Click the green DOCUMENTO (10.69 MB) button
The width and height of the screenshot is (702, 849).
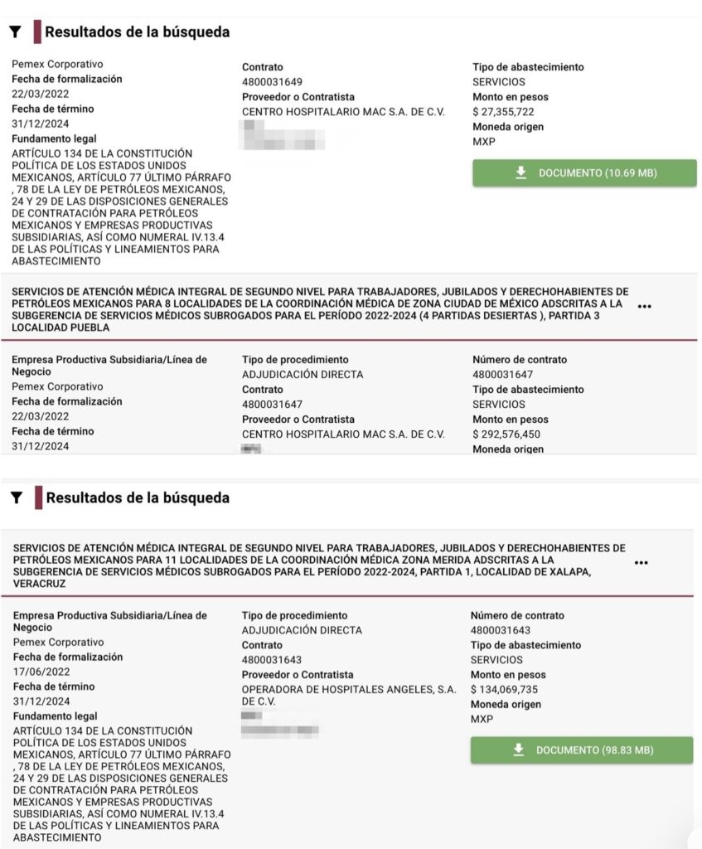(584, 173)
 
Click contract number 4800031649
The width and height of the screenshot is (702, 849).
(272, 82)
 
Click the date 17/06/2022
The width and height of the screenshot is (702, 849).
(41, 672)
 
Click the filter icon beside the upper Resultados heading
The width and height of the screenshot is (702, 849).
(15, 32)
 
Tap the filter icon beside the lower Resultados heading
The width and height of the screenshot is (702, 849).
(15, 498)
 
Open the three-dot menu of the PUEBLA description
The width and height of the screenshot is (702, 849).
(645, 307)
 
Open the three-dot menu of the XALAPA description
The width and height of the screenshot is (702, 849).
(641, 563)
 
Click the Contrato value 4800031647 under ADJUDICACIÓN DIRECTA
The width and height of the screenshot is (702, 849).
(272, 405)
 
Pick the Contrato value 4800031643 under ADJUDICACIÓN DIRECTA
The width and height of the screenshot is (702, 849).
(272, 660)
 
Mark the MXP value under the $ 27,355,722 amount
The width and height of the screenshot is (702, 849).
(483, 142)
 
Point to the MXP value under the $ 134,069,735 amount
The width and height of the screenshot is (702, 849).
(482, 720)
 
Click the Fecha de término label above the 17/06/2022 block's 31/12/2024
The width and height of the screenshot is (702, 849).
(53, 686)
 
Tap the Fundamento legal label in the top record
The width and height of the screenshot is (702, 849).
(54, 139)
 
